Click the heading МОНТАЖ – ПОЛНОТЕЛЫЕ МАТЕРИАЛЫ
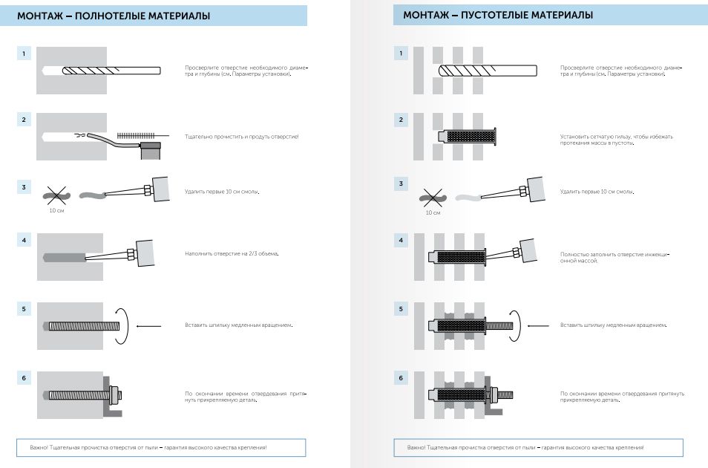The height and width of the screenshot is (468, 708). pos(113,16)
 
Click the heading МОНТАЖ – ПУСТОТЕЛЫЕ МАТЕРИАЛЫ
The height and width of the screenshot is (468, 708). pos(498,16)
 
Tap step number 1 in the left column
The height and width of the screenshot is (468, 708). pos(25,53)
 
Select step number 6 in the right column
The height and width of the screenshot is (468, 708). pos(401,378)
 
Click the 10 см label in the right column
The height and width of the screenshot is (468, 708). pos(433,213)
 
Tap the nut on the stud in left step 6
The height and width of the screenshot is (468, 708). pos(116,391)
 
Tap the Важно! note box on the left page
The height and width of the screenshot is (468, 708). pos(161,448)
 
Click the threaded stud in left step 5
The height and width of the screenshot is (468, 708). pos(82,325)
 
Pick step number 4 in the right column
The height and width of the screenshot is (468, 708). pos(401,240)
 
